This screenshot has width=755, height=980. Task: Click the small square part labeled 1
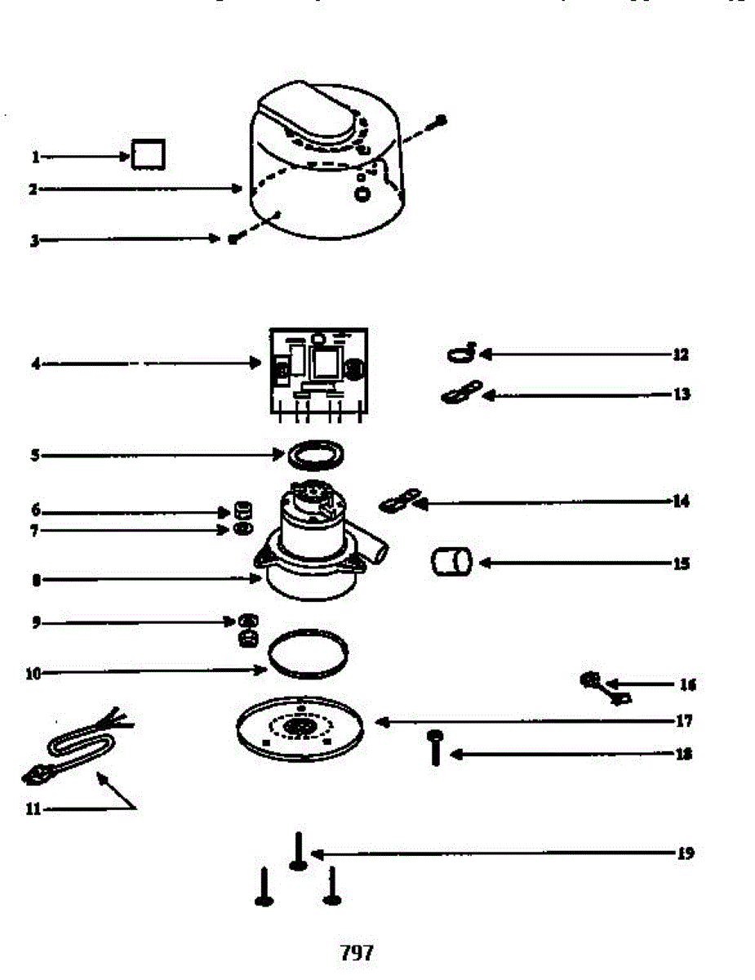[x=149, y=154]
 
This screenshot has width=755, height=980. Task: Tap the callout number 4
[x=35, y=363]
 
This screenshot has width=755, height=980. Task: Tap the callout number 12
[x=680, y=354]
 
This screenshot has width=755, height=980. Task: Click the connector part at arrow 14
[x=400, y=501]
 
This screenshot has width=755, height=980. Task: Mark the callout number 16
[x=687, y=684]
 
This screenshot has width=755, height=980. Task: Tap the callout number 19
[x=685, y=853]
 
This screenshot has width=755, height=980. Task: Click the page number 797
[x=356, y=952]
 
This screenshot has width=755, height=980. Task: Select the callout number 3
[x=35, y=241]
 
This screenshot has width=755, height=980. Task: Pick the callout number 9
[x=35, y=623]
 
